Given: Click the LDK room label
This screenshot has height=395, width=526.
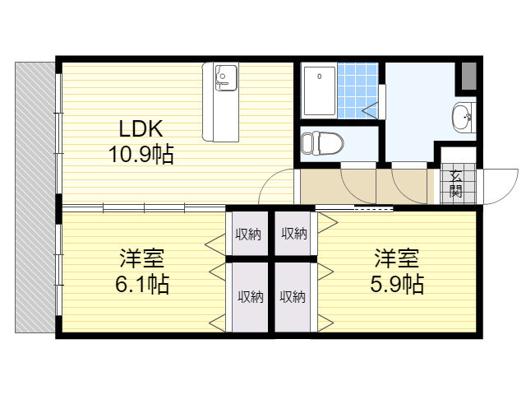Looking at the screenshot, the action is point(141,128).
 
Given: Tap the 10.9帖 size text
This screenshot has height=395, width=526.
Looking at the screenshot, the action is point(141,155).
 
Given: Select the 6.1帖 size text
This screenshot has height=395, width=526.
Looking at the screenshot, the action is point(142,284).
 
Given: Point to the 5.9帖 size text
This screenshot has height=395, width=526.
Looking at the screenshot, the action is point(397,284).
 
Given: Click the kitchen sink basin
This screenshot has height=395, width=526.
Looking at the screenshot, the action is point(226,77).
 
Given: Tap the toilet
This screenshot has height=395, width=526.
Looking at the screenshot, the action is point(322,143).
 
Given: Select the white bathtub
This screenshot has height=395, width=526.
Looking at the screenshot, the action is point(320,91).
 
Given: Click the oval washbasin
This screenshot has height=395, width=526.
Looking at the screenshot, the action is point(462,117).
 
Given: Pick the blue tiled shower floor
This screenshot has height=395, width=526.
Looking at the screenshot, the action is point(358,91).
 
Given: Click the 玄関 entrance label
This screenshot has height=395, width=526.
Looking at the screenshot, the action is point(456,184).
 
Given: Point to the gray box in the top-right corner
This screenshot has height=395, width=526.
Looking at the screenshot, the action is point(469,76).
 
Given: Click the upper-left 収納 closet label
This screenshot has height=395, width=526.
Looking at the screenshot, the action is point(248,234).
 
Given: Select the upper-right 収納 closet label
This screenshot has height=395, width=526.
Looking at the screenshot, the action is point(294,233).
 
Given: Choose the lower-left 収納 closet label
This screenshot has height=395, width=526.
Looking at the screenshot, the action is point(251,297).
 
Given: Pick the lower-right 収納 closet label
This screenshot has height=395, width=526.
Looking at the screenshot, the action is point(293,297).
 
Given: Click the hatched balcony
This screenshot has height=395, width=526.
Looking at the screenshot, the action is point(35,197).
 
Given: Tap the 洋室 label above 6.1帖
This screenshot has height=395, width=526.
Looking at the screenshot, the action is point(142,258).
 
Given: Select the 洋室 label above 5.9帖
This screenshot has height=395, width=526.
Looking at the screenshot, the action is point(397,258).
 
